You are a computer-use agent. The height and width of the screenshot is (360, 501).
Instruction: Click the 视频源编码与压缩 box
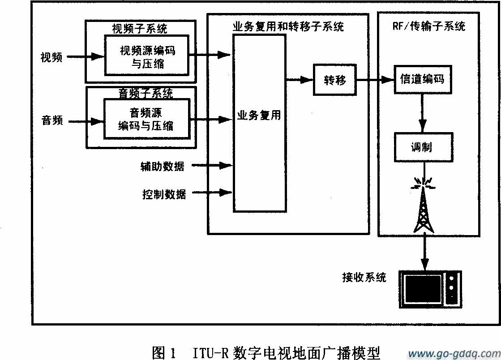(147, 56)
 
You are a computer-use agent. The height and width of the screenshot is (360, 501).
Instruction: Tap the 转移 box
(335, 80)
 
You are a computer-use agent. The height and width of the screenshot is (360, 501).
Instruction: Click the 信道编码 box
(422, 79)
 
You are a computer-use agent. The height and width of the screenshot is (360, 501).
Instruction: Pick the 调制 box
(422, 146)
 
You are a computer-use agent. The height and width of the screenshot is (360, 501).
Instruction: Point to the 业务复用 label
(259, 115)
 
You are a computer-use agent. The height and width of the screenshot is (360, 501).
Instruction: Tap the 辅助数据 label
(162, 166)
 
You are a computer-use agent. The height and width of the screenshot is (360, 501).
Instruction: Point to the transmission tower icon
(423, 210)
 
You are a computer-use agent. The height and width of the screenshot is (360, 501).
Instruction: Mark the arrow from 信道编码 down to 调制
(422, 112)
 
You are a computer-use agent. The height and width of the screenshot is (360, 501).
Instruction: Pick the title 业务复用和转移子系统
(288, 26)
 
